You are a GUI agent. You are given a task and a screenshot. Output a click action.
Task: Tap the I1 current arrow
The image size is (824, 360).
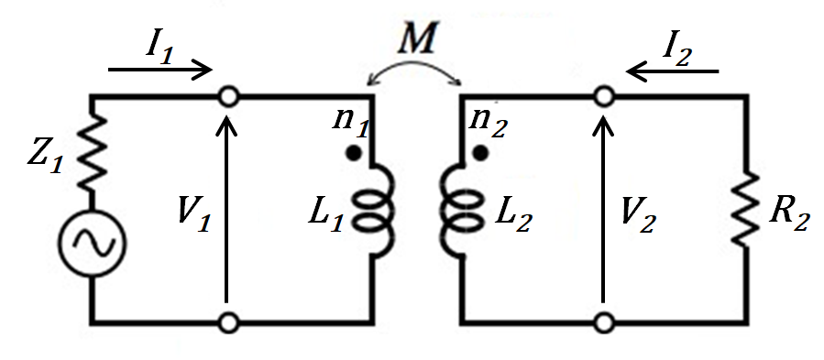(x=160, y=69)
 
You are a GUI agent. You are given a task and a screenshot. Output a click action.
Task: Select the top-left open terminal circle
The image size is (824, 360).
(x=226, y=95)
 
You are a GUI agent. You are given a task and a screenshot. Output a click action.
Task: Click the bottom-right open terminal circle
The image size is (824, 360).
(x=603, y=322)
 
